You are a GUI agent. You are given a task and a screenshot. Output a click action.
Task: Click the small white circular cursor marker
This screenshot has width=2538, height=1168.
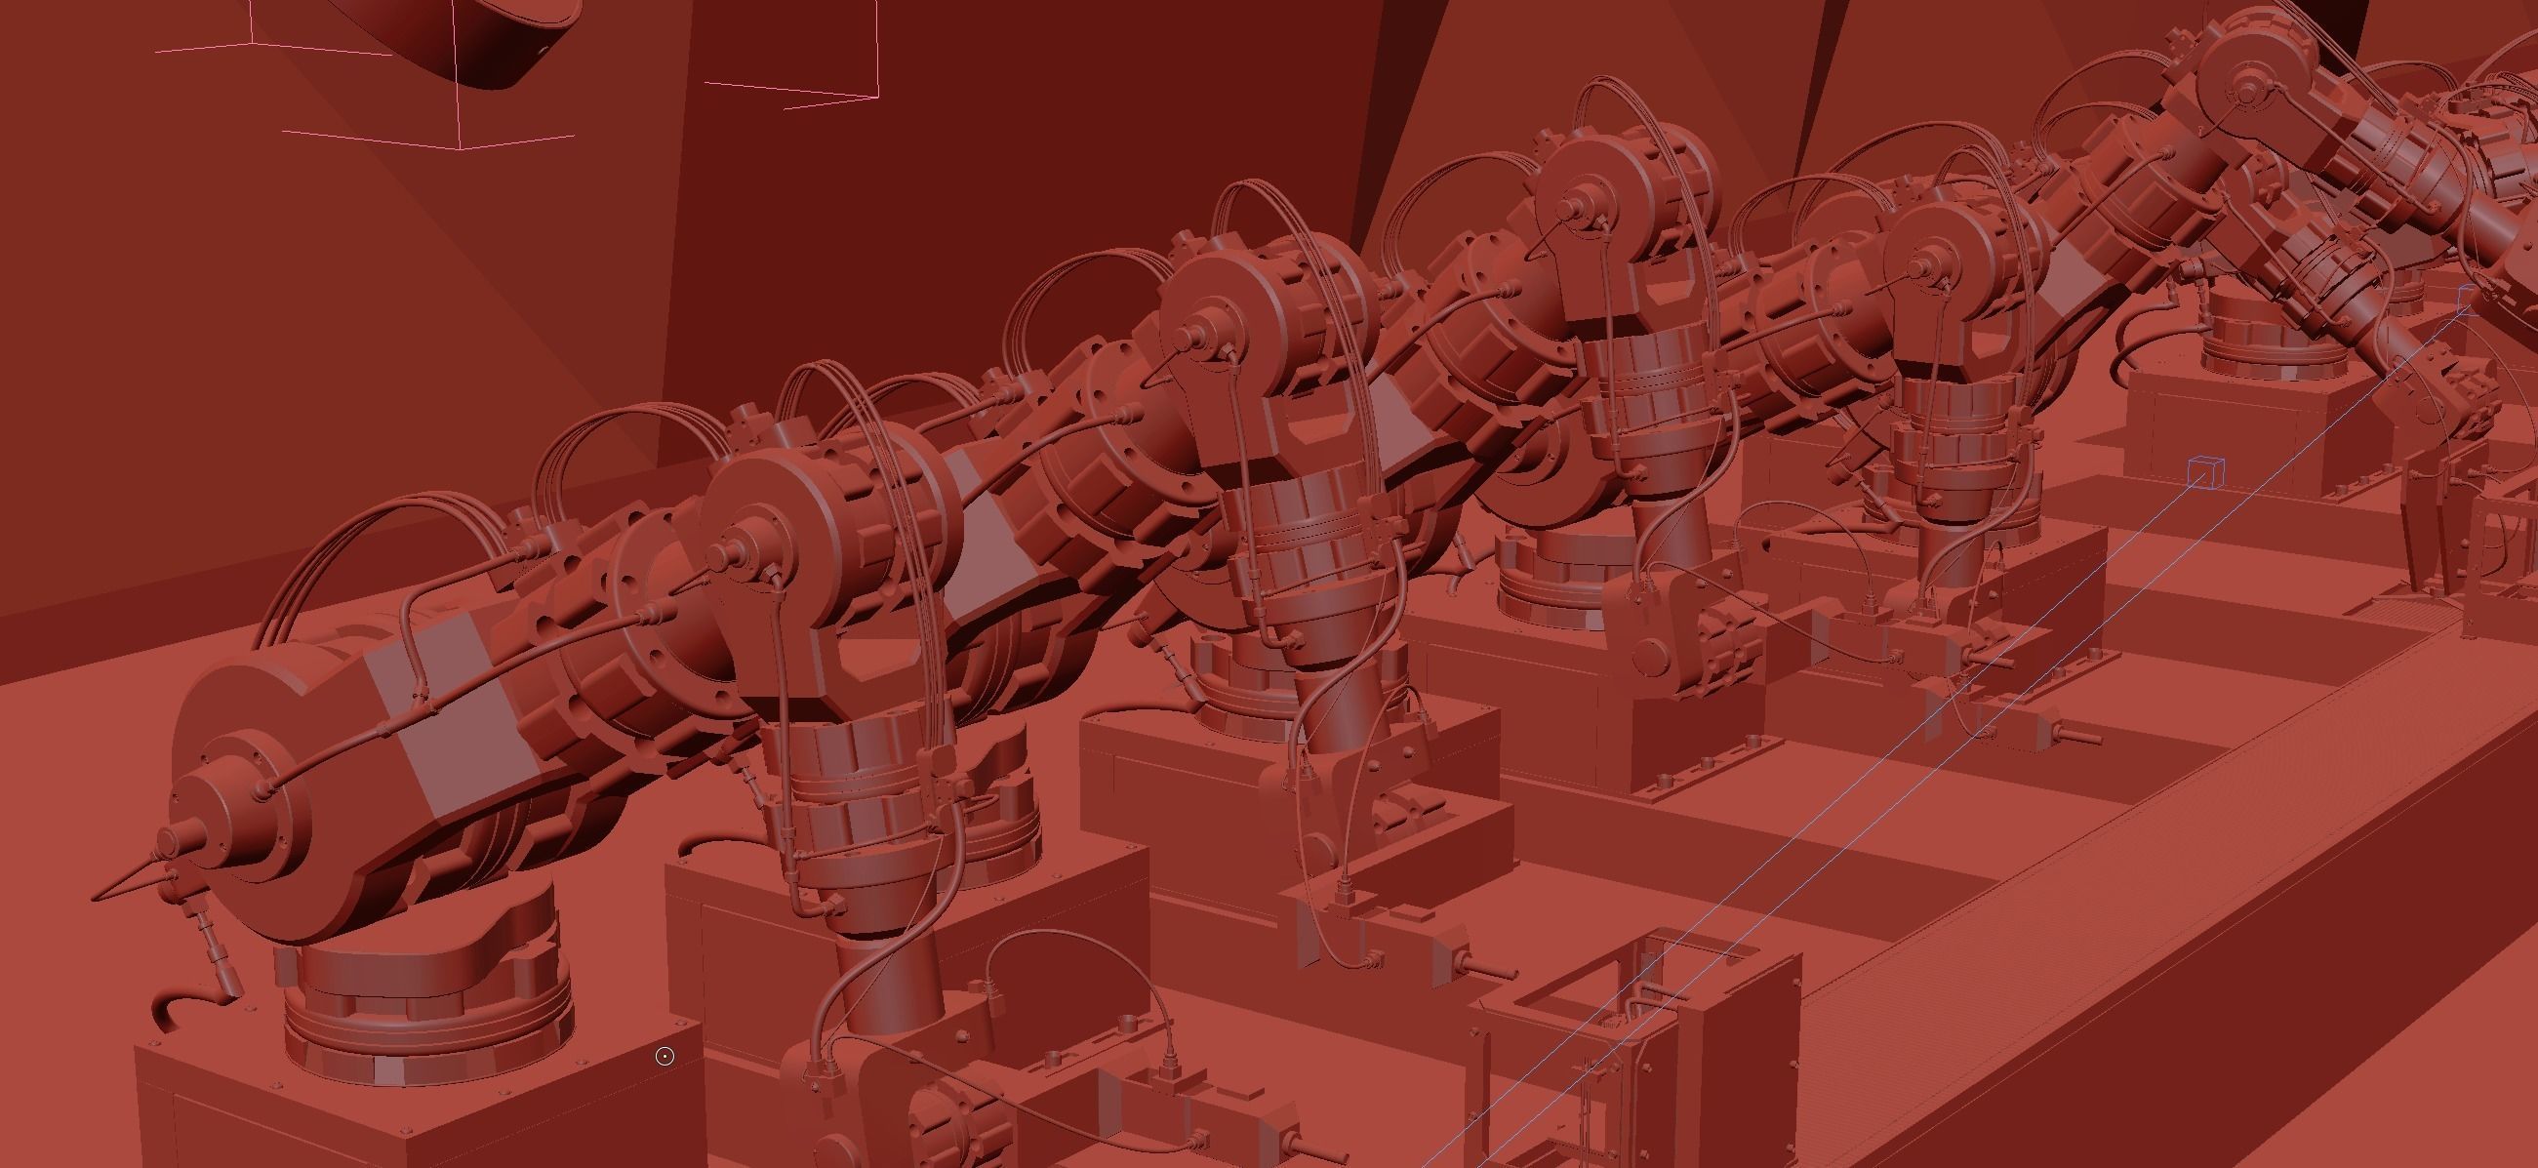click(665, 1057)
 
